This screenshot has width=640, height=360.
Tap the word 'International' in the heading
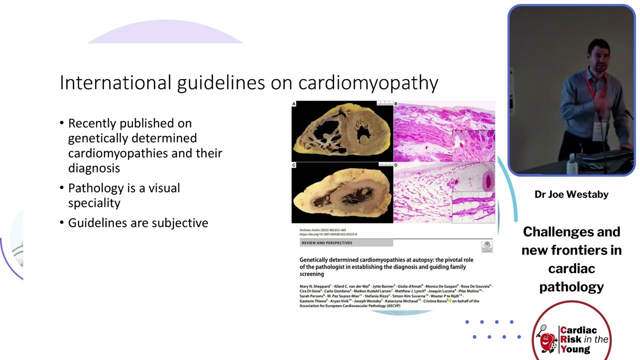115,82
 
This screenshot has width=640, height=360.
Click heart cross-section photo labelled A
342,131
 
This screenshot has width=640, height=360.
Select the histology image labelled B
444,131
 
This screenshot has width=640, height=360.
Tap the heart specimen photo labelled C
342,193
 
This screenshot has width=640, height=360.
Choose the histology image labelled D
444,193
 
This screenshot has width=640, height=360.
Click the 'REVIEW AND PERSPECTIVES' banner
346,243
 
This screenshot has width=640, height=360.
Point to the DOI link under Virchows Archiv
328,234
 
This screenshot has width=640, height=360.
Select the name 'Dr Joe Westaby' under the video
571,194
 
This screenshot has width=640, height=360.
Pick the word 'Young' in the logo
575,349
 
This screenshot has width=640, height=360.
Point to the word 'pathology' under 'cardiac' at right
571,287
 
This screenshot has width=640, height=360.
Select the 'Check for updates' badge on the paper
486,246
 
